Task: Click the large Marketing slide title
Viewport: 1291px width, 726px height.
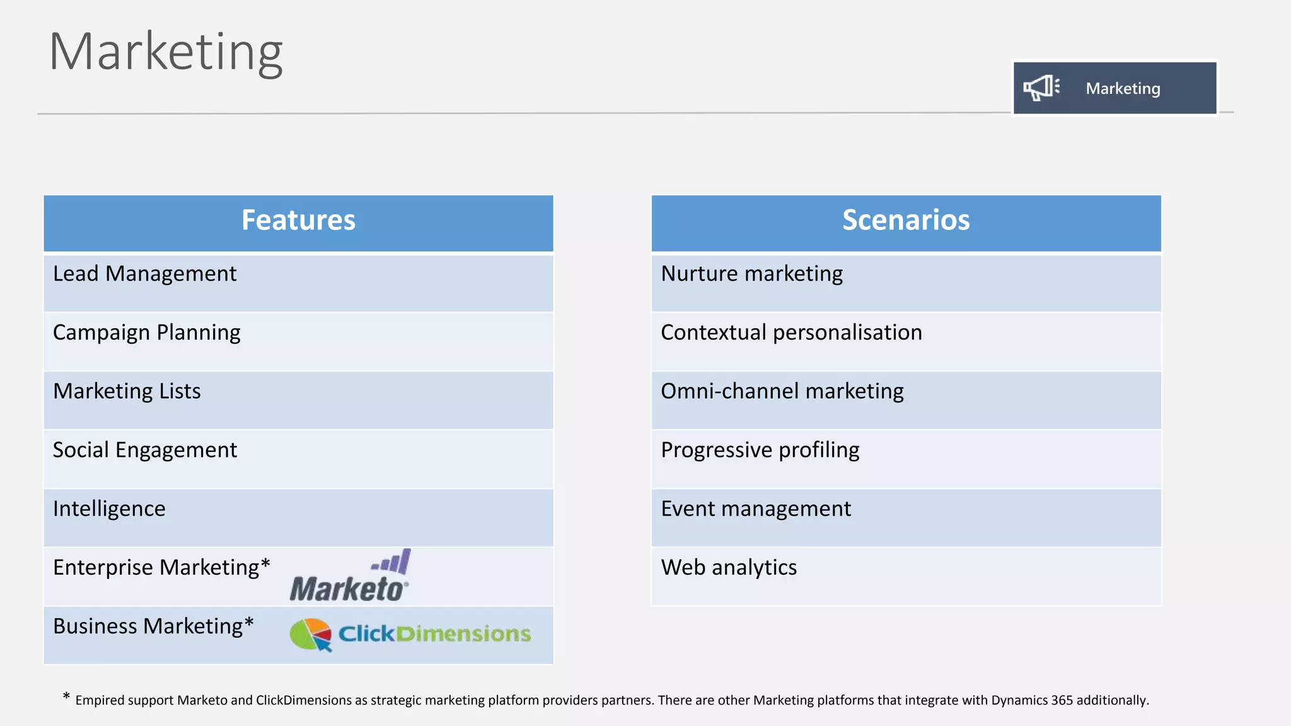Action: point(166,52)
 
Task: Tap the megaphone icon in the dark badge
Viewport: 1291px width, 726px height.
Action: point(1041,88)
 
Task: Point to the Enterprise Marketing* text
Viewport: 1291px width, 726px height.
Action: point(161,567)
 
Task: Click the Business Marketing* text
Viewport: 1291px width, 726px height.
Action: point(153,626)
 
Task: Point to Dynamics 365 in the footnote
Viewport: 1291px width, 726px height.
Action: point(1032,700)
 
